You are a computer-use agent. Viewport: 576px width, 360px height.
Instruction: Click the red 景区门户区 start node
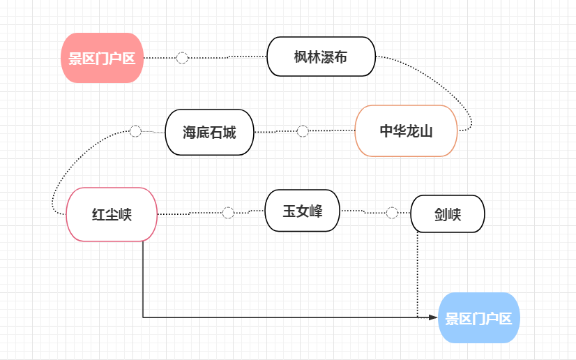click(x=102, y=58)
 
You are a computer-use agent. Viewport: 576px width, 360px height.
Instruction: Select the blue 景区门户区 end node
click(x=479, y=318)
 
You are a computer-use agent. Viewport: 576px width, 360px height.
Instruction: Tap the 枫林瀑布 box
click(x=321, y=57)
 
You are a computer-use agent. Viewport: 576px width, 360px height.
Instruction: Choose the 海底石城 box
click(x=209, y=132)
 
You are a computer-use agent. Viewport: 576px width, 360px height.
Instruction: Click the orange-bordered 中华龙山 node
click(x=406, y=131)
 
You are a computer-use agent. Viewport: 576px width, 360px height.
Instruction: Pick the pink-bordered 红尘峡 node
click(x=112, y=214)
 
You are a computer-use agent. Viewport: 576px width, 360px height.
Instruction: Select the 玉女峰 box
click(x=302, y=210)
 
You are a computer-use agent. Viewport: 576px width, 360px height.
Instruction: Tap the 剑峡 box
click(x=447, y=213)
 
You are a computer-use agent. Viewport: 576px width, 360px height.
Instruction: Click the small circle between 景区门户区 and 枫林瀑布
click(x=182, y=57)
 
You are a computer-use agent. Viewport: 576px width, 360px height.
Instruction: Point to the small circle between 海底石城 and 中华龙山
click(x=303, y=131)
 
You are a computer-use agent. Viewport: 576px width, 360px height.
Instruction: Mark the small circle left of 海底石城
click(x=135, y=131)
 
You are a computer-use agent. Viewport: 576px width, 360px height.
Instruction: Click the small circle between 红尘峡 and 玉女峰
click(x=228, y=213)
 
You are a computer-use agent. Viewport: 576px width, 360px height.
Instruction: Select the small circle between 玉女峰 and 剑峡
click(x=392, y=213)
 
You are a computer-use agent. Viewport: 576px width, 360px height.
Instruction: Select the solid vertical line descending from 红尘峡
click(x=143, y=279)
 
